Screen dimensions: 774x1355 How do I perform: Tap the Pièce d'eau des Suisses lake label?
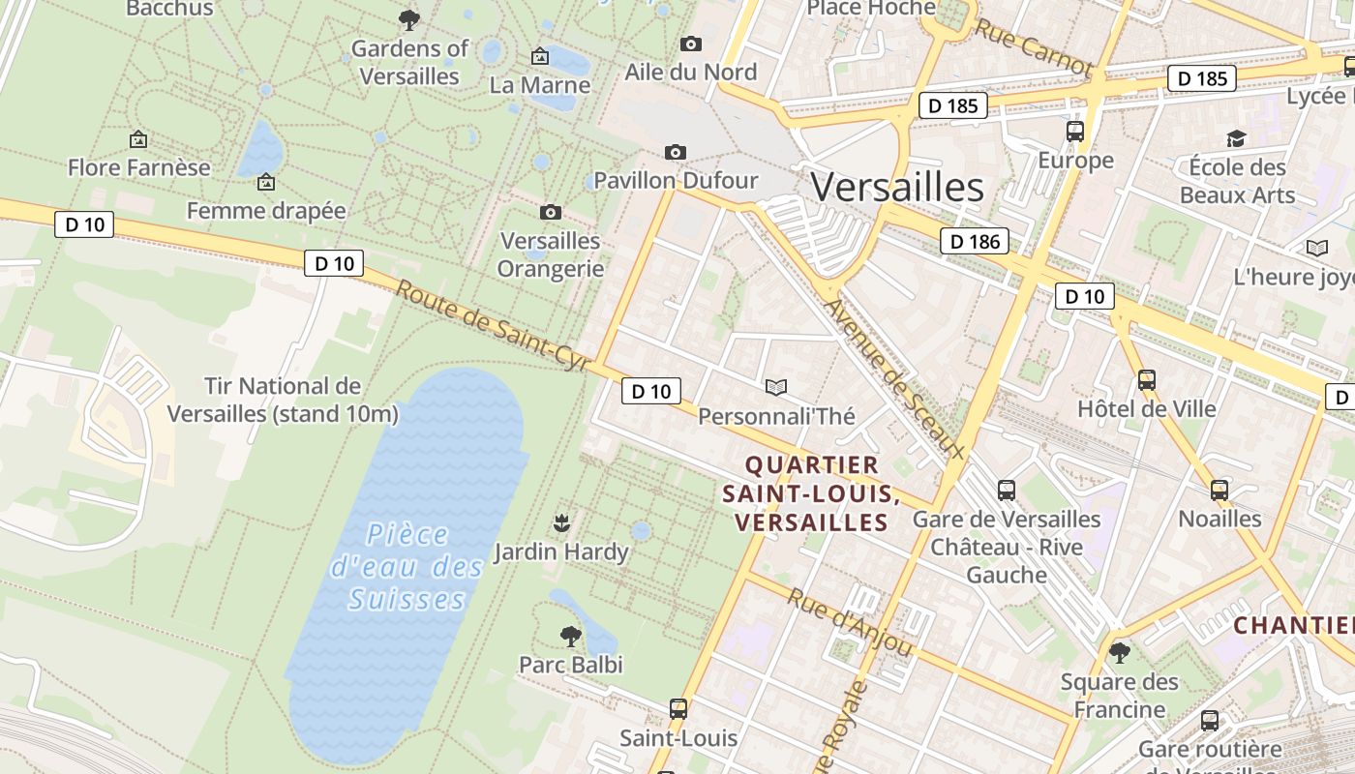pyautogui.click(x=406, y=567)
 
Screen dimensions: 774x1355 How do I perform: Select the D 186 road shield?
pyautogui.click(x=975, y=241)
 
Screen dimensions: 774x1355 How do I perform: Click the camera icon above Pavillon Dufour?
pyautogui.click(x=676, y=152)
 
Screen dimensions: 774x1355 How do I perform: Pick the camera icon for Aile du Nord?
pyautogui.click(x=690, y=44)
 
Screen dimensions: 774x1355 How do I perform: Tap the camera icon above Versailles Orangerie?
pyautogui.click(x=550, y=212)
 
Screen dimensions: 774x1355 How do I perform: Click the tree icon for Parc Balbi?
pyautogui.click(x=571, y=636)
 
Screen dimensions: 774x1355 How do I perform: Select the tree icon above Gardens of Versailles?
pyautogui.click(x=409, y=19)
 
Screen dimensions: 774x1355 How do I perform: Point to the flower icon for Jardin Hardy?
pyautogui.click(x=560, y=523)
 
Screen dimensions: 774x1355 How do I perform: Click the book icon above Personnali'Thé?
pyautogui.click(x=776, y=388)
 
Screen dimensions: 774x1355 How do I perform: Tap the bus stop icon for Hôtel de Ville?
pyautogui.click(x=1147, y=380)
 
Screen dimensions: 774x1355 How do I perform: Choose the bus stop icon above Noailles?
pyautogui.click(x=1219, y=491)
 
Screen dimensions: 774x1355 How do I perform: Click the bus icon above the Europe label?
pyautogui.click(x=1075, y=132)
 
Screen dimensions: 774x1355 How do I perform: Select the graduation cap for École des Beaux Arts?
pyautogui.click(x=1236, y=138)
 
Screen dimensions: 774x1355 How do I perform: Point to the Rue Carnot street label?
pyautogui.click(x=1033, y=47)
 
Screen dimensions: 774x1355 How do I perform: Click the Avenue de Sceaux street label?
pyautogui.click(x=894, y=378)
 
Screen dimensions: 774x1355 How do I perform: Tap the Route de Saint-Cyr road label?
pyautogui.click(x=493, y=326)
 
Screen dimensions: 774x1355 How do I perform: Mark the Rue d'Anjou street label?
pyautogui.click(x=850, y=622)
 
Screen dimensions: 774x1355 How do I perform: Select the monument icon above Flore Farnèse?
pyautogui.click(x=138, y=140)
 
